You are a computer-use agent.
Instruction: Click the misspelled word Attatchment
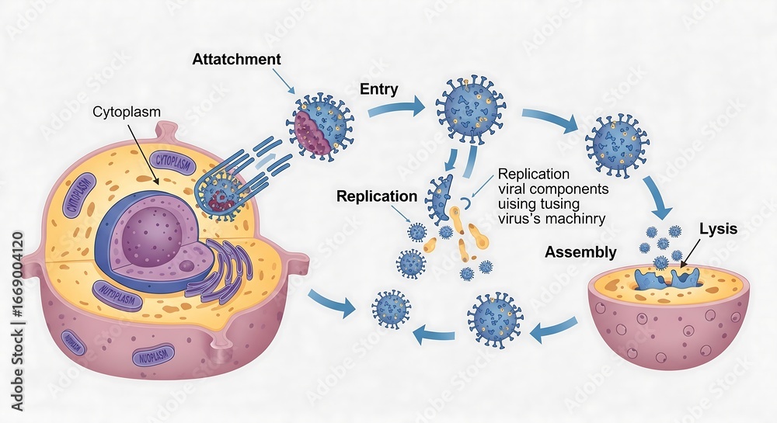coord(236,59)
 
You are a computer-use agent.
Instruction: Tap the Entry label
coord(379,89)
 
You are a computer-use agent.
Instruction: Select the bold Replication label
coord(377,196)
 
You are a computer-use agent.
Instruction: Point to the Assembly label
coord(580,252)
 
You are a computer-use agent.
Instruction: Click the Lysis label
coord(718,229)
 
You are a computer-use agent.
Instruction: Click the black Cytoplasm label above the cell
coord(127,112)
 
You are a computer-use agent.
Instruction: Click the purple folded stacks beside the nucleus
coord(225,272)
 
